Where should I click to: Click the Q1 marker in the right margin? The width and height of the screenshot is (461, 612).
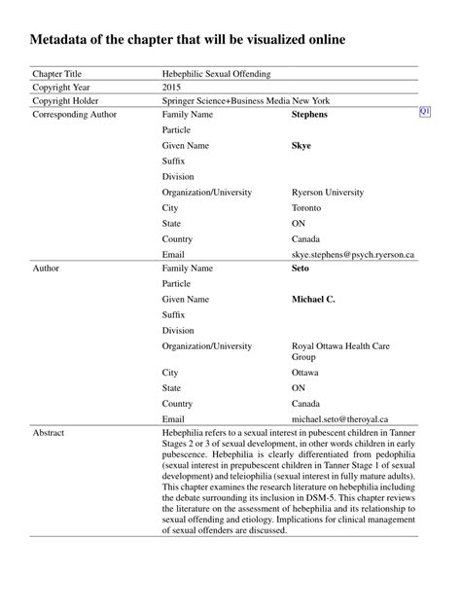click(x=424, y=113)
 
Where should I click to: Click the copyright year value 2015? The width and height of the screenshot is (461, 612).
click(x=171, y=87)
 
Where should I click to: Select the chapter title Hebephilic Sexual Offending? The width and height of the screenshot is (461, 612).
click(x=216, y=73)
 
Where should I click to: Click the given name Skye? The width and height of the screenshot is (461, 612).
click(x=301, y=146)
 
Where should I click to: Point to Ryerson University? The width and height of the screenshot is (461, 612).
click(x=328, y=193)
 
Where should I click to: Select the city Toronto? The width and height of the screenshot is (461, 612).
click(x=306, y=208)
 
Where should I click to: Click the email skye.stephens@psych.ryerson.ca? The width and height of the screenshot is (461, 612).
click(x=352, y=255)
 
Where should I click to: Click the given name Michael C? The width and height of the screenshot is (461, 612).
click(x=313, y=299)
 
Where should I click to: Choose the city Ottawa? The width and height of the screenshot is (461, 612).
click(x=305, y=373)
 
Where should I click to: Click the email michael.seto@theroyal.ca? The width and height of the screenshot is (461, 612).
click(x=339, y=418)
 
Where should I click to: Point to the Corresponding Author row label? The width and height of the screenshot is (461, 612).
click(x=74, y=115)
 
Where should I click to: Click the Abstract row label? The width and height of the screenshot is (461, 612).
click(x=50, y=431)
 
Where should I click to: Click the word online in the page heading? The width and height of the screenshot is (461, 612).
click(x=318, y=40)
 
